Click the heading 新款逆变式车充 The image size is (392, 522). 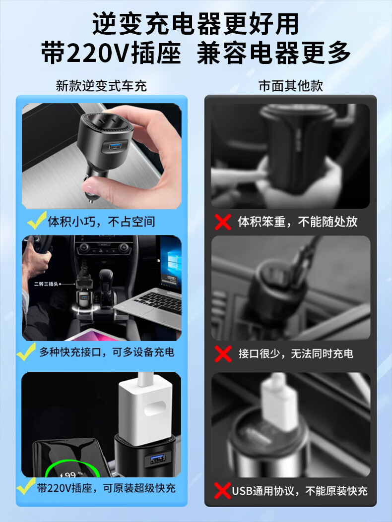(x=101, y=86)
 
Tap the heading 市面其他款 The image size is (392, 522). (x=291, y=86)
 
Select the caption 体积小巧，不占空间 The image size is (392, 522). (x=101, y=222)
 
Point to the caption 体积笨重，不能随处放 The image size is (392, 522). (x=298, y=222)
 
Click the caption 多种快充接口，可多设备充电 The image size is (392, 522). (x=107, y=352)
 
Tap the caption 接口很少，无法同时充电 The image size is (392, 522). (x=296, y=353)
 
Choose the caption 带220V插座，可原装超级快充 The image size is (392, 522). (x=106, y=488)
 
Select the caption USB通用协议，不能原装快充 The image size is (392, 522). (x=300, y=491)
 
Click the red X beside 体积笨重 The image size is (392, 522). (x=223, y=222)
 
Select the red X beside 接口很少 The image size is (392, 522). (x=223, y=354)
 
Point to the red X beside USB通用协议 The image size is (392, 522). (x=223, y=491)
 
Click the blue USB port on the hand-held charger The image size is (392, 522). (x=115, y=146)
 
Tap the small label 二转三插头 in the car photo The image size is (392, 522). (x=46, y=284)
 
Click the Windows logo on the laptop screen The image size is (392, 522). (x=173, y=261)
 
